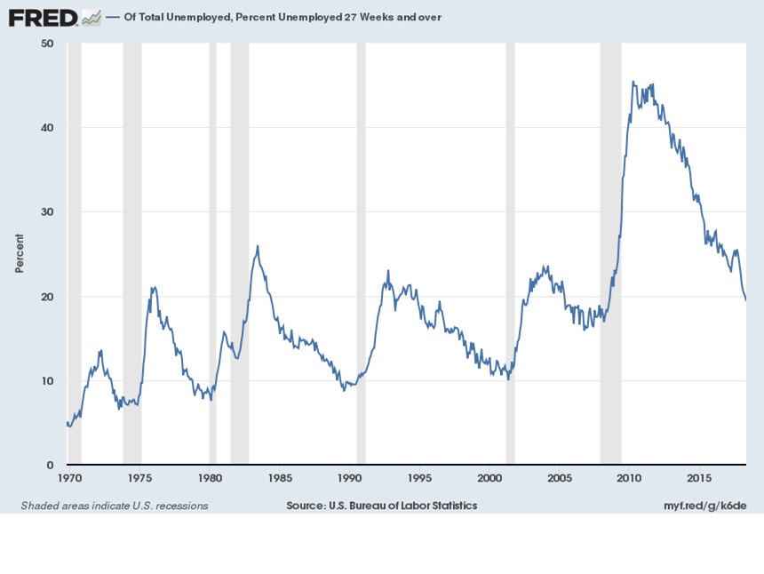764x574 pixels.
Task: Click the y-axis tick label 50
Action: click(47, 44)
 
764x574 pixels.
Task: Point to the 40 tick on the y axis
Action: click(47, 128)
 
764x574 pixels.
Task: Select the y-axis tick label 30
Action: click(47, 212)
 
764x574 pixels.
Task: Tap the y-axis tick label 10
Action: click(47, 381)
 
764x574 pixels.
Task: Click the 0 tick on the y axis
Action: click(51, 466)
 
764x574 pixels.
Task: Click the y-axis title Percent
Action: click(20, 253)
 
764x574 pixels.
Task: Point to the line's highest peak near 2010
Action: click(633, 82)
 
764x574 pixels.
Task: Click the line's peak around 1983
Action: click(258, 246)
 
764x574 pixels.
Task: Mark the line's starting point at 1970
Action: click(68, 423)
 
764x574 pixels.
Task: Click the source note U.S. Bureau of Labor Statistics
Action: click(381, 506)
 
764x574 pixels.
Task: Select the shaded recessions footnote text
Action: click(114, 506)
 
